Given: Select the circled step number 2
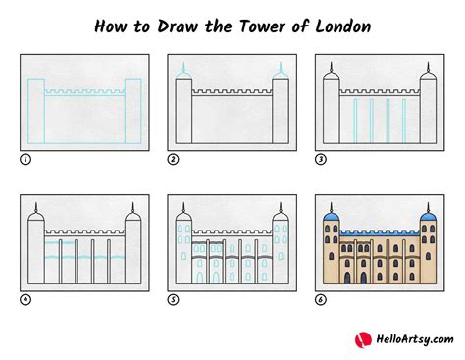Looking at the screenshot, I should pos(173,159).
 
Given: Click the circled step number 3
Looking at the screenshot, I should pos(320,159).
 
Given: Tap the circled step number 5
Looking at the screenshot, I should pos(173,299).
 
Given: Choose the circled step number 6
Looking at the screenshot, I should pos(320,299).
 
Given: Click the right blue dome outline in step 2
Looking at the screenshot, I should pos(281,74).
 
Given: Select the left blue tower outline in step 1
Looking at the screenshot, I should pos(36,110).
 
